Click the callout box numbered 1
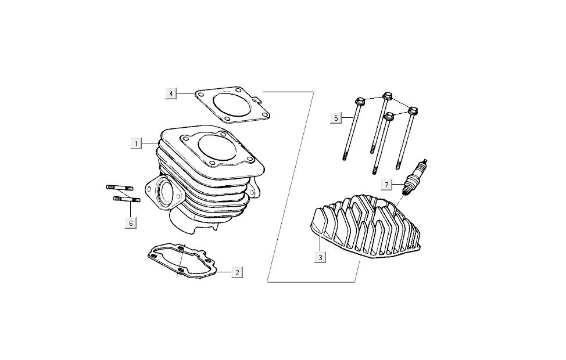pyautogui.click(x=136, y=143)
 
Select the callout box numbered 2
pyautogui.click(x=237, y=272)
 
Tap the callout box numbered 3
pyautogui.click(x=320, y=258)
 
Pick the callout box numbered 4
pyautogui.click(x=171, y=94)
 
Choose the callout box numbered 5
pyautogui.click(x=336, y=118)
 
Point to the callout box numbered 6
pyautogui.click(x=131, y=223)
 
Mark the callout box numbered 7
pyautogui.click(x=386, y=185)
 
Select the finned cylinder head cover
pyautogui.click(x=366, y=226)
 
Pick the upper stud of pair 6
pyautogui.click(x=120, y=188)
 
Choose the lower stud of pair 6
pyautogui.click(x=126, y=199)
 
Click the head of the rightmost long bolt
pyautogui.click(x=413, y=110)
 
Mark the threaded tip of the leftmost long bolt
pyautogui.click(x=345, y=156)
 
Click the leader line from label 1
pyautogui.click(x=150, y=143)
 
